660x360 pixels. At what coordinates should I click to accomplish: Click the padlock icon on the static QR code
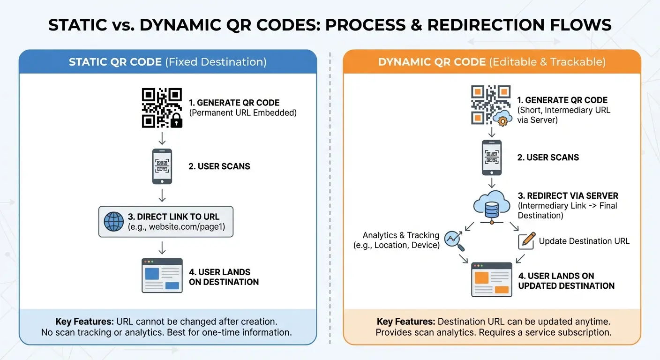tap(176, 122)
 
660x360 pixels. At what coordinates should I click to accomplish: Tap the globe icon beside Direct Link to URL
tap(113, 222)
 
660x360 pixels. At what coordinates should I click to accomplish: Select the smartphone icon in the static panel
tap(162, 166)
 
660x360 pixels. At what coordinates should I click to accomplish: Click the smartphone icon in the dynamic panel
tap(492, 157)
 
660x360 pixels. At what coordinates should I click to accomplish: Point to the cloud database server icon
tap(491, 207)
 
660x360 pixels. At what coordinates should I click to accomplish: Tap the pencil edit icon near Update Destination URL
tap(526, 240)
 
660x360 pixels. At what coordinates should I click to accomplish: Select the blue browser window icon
tap(162, 276)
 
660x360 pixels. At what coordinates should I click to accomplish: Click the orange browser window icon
tap(492, 279)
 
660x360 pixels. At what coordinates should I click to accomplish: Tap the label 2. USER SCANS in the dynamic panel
tap(548, 157)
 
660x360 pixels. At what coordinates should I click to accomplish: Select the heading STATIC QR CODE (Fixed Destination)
tap(167, 62)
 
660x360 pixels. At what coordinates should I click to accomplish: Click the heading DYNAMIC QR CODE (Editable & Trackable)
tap(492, 62)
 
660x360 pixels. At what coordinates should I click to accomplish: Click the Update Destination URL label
tap(584, 241)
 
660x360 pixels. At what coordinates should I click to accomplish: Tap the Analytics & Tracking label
tap(401, 235)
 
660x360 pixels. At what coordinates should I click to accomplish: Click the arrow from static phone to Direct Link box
tap(162, 195)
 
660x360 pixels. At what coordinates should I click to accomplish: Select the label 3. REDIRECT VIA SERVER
tap(568, 195)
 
